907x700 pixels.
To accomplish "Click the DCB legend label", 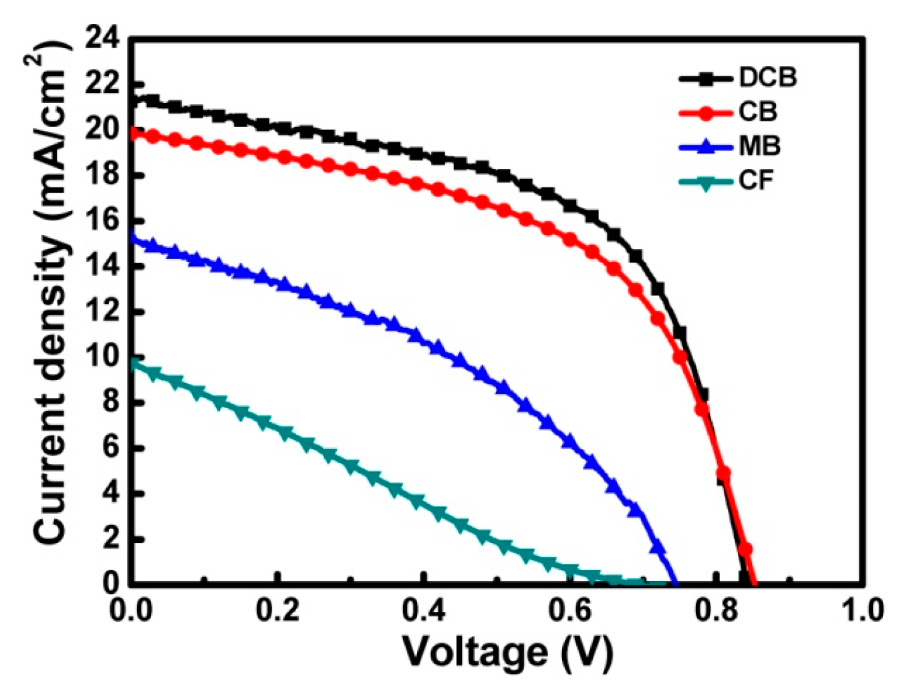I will click(767, 77).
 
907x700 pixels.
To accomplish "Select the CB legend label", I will click(757, 112).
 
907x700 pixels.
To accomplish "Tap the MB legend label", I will click(759, 146).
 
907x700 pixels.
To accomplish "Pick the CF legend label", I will click(756, 180).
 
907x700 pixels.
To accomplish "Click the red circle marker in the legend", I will click(706, 112).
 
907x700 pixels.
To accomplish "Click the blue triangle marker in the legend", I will click(706, 146).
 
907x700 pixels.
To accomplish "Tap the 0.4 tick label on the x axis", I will click(424, 610).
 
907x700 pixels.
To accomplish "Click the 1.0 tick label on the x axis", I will click(862, 610).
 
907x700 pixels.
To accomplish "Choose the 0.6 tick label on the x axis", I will click(569, 610).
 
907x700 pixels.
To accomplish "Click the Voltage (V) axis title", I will click(507, 651).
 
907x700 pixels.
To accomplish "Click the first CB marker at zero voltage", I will click(134, 133).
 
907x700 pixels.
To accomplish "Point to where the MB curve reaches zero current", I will click(676, 582).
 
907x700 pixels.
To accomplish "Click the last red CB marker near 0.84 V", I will click(745, 550).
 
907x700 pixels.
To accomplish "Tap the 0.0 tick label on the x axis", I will click(132, 610).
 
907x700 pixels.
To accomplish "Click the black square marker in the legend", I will click(706, 78).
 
